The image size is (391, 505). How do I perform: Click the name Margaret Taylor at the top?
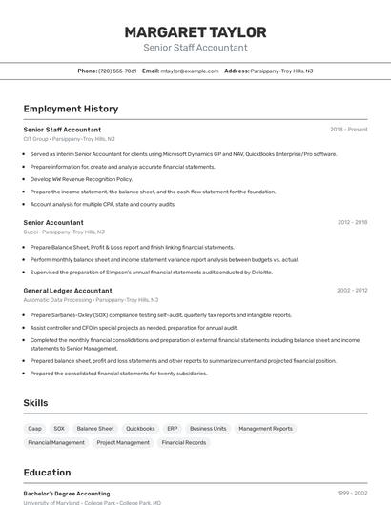[195, 32]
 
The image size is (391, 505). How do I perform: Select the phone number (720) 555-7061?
[117, 71]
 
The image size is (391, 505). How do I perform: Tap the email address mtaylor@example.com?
[189, 71]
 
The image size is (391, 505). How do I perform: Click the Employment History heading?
[71, 110]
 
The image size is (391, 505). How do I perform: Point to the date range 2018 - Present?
[348, 130]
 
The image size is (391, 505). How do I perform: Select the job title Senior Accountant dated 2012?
[53, 223]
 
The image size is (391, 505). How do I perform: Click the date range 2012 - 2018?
[352, 223]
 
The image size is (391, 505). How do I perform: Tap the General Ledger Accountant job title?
[68, 290]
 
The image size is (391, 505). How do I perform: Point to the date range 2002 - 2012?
[352, 290]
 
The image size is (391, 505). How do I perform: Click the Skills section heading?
[35, 403]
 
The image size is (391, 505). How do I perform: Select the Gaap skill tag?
[35, 429]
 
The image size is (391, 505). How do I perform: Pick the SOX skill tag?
[59, 429]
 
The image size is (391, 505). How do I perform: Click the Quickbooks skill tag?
[140, 429]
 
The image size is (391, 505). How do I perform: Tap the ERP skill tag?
[172, 429]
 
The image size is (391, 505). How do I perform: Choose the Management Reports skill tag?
[265, 429]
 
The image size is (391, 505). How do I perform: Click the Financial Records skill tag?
[183, 442]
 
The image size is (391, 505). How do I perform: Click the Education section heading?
[47, 473]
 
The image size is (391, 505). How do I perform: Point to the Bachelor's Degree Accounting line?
[67, 494]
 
